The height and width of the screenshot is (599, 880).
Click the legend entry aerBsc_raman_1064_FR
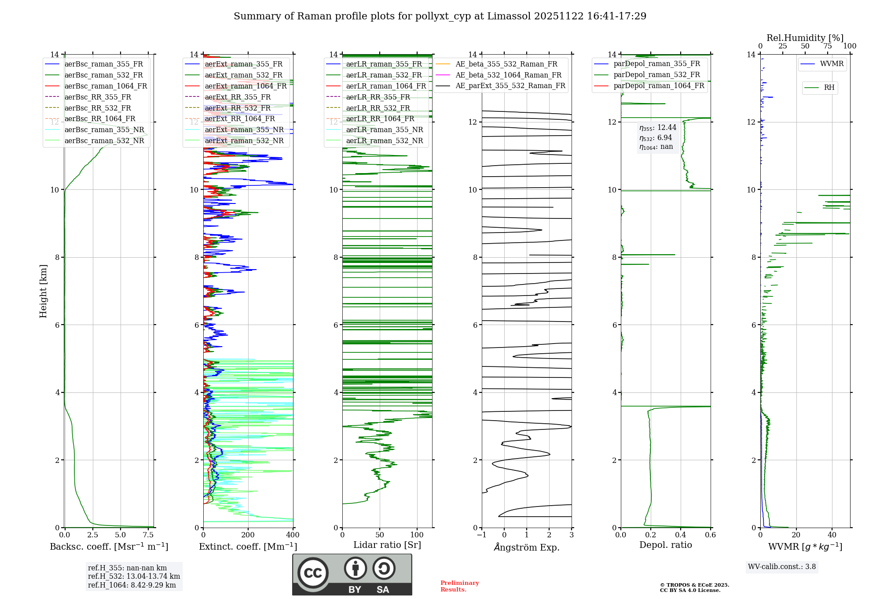106,86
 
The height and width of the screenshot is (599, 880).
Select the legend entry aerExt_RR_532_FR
238,108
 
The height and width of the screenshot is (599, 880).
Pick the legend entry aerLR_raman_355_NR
384,130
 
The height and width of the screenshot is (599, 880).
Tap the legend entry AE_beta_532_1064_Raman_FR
508,75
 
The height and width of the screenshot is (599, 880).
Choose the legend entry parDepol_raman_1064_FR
659,86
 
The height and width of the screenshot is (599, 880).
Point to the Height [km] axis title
43,291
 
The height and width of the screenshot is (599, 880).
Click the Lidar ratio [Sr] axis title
387,545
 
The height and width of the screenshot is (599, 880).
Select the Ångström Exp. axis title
527,547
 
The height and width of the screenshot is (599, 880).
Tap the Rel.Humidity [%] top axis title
805,38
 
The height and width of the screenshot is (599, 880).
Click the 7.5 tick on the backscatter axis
148,535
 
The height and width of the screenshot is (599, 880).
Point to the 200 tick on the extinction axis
248,535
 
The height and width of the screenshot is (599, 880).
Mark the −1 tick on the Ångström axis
481,535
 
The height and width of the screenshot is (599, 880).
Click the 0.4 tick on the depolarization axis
681,535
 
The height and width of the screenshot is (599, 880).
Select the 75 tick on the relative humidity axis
828,46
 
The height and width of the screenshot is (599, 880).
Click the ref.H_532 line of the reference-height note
134,577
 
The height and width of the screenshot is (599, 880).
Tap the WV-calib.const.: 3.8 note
782,567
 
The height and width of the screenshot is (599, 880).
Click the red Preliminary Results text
459,586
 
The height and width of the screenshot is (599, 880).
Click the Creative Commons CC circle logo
313,573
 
